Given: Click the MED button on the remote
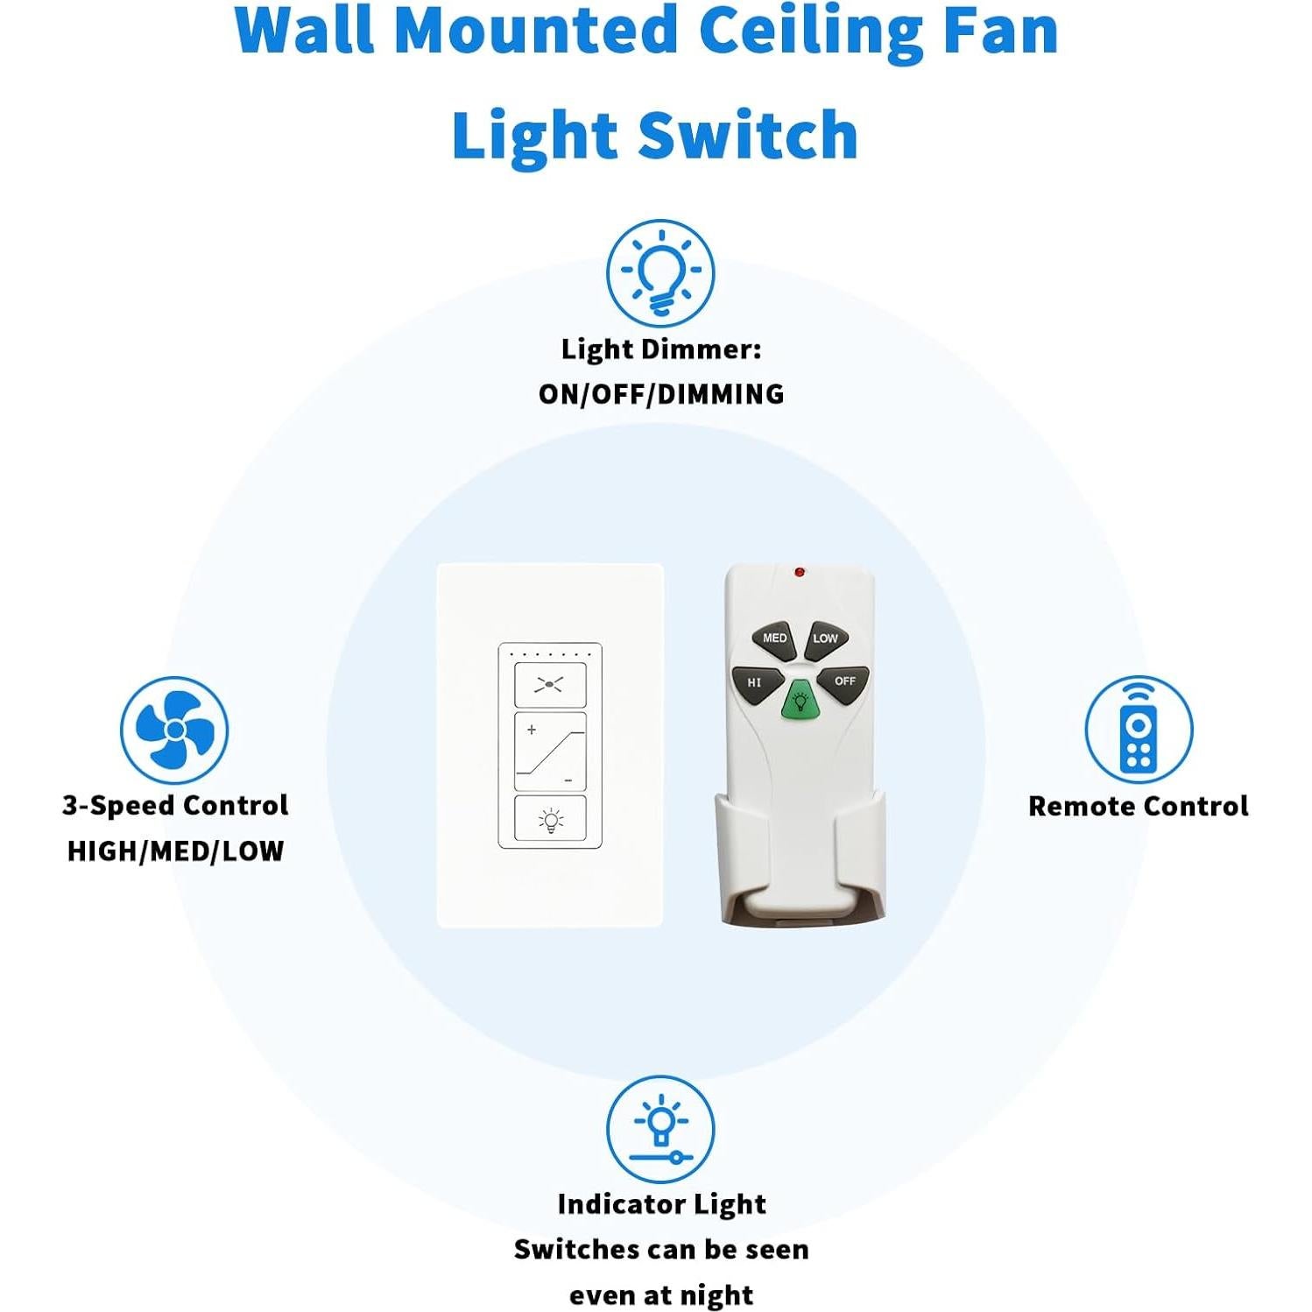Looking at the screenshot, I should click(773, 639).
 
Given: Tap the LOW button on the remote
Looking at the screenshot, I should click(824, 639).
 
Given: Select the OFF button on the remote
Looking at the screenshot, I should click(843, 682).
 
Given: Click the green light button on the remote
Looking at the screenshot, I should click(799, 701).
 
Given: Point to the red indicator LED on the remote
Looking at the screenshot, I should click(799, 573).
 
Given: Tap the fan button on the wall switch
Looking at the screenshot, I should click(549, 685).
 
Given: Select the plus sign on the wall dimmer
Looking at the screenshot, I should click(532, 730).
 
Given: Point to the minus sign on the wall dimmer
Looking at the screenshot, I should click(568, 779).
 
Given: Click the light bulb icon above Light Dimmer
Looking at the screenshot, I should click(660, 273).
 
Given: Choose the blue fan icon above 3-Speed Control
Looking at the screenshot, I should click(174, 730).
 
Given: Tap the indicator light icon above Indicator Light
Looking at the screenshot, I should click(660, 1130).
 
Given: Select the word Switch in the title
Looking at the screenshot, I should click(747, 136).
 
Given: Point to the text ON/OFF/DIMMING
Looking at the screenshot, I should click(660, 395).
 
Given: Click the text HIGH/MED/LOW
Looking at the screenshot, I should click(175, 851).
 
